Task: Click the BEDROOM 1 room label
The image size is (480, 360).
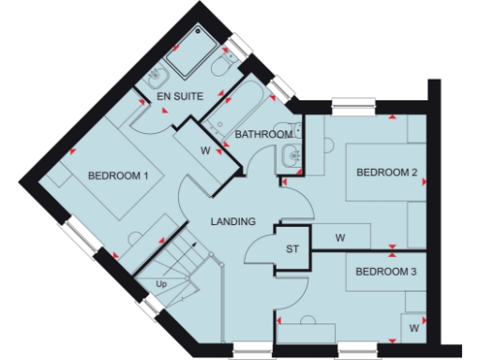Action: click(117, 175)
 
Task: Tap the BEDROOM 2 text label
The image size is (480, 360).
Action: click(385, 172)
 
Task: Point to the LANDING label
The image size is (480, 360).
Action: click(233, 222)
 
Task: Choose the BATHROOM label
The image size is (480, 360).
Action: click(263, 135)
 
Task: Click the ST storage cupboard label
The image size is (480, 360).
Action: click(292, 248)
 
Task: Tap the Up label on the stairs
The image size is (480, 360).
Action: click(161, 283)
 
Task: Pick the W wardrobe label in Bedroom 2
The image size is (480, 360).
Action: click(340, 238)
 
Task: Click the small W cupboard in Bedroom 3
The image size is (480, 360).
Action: click(413, 327)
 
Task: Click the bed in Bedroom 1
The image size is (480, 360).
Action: click(103, 183)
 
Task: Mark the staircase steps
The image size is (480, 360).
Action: click(178, 267)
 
